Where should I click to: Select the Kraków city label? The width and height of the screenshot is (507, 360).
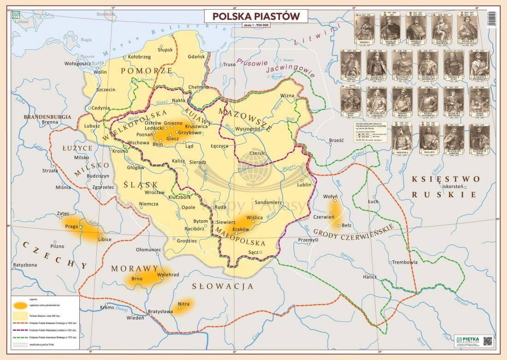pos(241,229)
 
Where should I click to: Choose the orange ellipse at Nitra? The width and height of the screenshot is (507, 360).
pos(183,305)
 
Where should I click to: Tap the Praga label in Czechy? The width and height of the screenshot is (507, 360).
pos(71,227)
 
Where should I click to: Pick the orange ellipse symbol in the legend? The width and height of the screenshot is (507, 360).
pos(21,305)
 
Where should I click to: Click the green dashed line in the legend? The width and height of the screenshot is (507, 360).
pos(21,337)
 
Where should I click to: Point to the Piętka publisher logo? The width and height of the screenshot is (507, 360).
pos(467,340)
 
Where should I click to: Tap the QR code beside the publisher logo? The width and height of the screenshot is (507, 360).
pos(488,341)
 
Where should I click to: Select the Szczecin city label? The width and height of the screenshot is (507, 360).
pos(106,89)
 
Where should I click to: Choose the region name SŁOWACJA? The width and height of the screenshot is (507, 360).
pos(223,286)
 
